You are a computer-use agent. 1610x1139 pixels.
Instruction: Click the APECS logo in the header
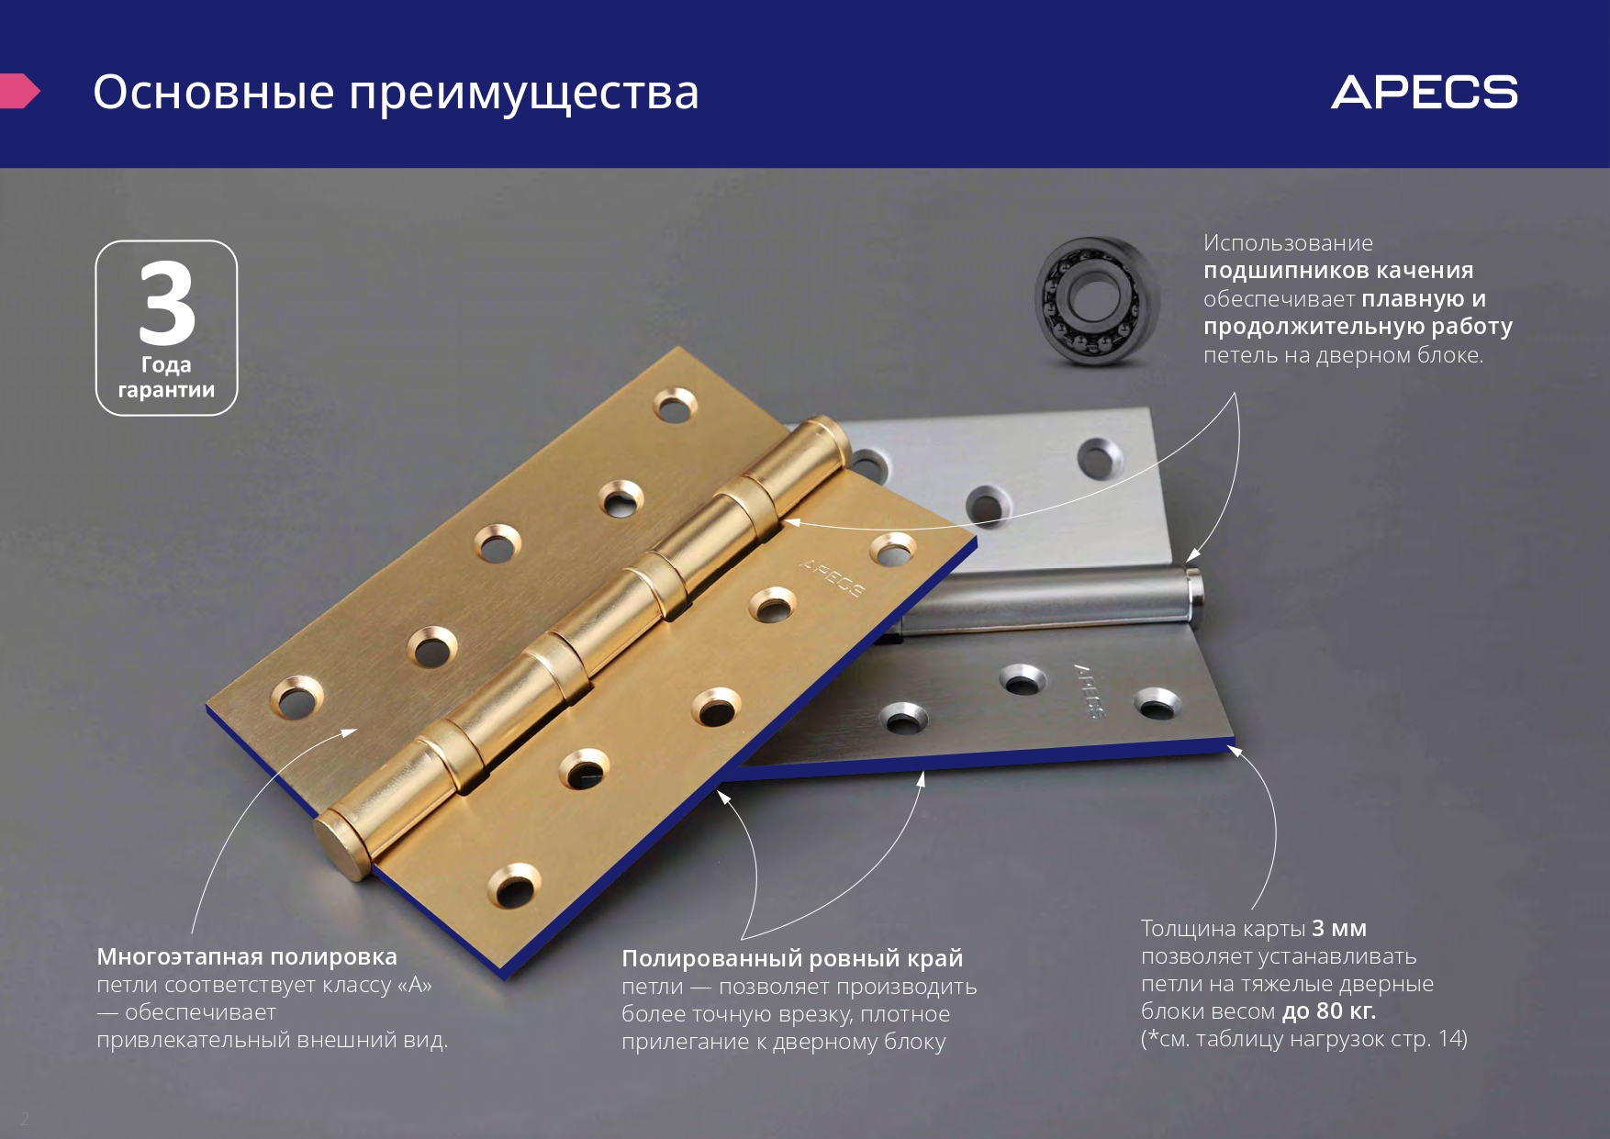point(1425,93)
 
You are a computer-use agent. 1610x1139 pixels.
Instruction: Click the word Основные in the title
point(214,92)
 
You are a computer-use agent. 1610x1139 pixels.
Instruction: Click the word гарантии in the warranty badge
point(166,390)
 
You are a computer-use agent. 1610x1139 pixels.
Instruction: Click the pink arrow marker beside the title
point(19,91)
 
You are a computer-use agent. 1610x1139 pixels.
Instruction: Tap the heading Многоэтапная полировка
point(247,956)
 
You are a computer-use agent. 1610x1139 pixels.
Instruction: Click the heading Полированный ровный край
point(792,958)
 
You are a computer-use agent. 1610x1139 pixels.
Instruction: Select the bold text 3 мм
point(1339,928)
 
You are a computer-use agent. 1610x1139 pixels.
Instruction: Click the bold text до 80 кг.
point(1329,1011)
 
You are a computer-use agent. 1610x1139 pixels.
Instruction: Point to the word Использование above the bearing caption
point(1288,243)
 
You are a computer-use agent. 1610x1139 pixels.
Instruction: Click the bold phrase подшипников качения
point(1338,271)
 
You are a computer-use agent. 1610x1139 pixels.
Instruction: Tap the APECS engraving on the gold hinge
point(832,577)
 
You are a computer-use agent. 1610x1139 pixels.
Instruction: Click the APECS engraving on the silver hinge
point(1089,690)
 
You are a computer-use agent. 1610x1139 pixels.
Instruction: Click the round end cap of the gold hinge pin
point(341,846)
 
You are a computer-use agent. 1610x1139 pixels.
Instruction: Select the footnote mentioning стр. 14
point(1304,1039)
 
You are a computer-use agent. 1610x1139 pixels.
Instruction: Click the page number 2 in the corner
point(25,1118)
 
